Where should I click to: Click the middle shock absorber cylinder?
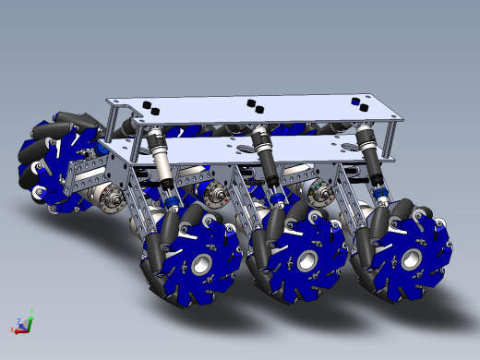coord(264,152)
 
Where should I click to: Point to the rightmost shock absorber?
coord(366,146)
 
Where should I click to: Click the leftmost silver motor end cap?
coord(113,196)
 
